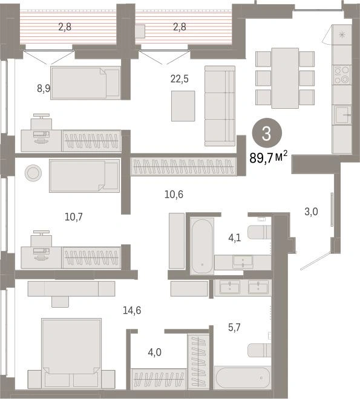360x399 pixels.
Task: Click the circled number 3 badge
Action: (x=267, y=133)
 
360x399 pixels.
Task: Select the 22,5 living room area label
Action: (x=180, y=79)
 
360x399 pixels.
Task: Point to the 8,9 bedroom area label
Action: (x=44, y=88)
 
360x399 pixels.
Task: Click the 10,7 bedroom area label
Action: (x=74, y=217)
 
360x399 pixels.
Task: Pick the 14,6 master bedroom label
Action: (x=132, y=310)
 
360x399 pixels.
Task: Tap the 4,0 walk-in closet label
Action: (x=154, y=352)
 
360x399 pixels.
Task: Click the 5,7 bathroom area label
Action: (x=234, y=327)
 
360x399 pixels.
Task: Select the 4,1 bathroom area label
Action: (x=235, y=238)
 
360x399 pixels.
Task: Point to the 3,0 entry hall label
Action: (x=311, y=212)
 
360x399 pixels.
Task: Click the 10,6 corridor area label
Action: (x=174, y=195)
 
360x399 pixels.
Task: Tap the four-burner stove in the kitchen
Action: (x=342, y=75)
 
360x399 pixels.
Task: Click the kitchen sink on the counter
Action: (x=342, y=115)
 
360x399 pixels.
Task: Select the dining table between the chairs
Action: (x=285, y=78)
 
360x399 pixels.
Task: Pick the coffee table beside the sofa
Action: (x=183, y=106)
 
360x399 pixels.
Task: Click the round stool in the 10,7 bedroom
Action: (x=33, y=173)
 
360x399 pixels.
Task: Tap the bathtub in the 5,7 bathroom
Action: (x=243, y=378)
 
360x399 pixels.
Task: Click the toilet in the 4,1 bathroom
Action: (x=259, y=232)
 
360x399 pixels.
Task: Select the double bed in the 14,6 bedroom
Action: (x=71, y=354)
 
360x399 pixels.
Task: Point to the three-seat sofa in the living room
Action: (x=220, y=106)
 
